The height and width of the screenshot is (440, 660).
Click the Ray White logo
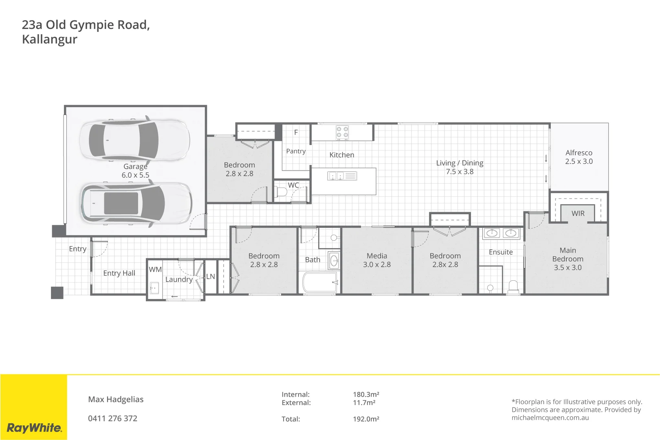point(34,428)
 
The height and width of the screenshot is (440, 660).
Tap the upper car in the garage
point(134,140)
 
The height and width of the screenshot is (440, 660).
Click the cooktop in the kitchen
point(342,133)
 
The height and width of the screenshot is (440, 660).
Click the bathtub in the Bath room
point(320,282)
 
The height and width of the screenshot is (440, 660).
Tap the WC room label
point(293,185)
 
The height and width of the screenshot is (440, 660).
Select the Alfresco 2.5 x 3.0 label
point(579,157)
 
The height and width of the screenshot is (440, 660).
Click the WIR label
point(578,213)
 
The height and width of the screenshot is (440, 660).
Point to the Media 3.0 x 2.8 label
point(376,260)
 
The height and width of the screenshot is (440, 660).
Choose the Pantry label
point(296,151)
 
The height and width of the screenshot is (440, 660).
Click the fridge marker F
point(296,132)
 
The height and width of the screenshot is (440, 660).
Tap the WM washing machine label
point(155,270)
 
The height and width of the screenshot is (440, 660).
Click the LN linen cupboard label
point(210,277)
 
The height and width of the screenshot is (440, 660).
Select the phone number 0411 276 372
point(112,418)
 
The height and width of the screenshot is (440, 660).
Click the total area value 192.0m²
point(366,419)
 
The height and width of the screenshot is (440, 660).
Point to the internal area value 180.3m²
point(366,394)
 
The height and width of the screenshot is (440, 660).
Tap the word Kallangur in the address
point(49,40)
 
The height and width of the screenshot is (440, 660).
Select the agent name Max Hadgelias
point(116,399)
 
